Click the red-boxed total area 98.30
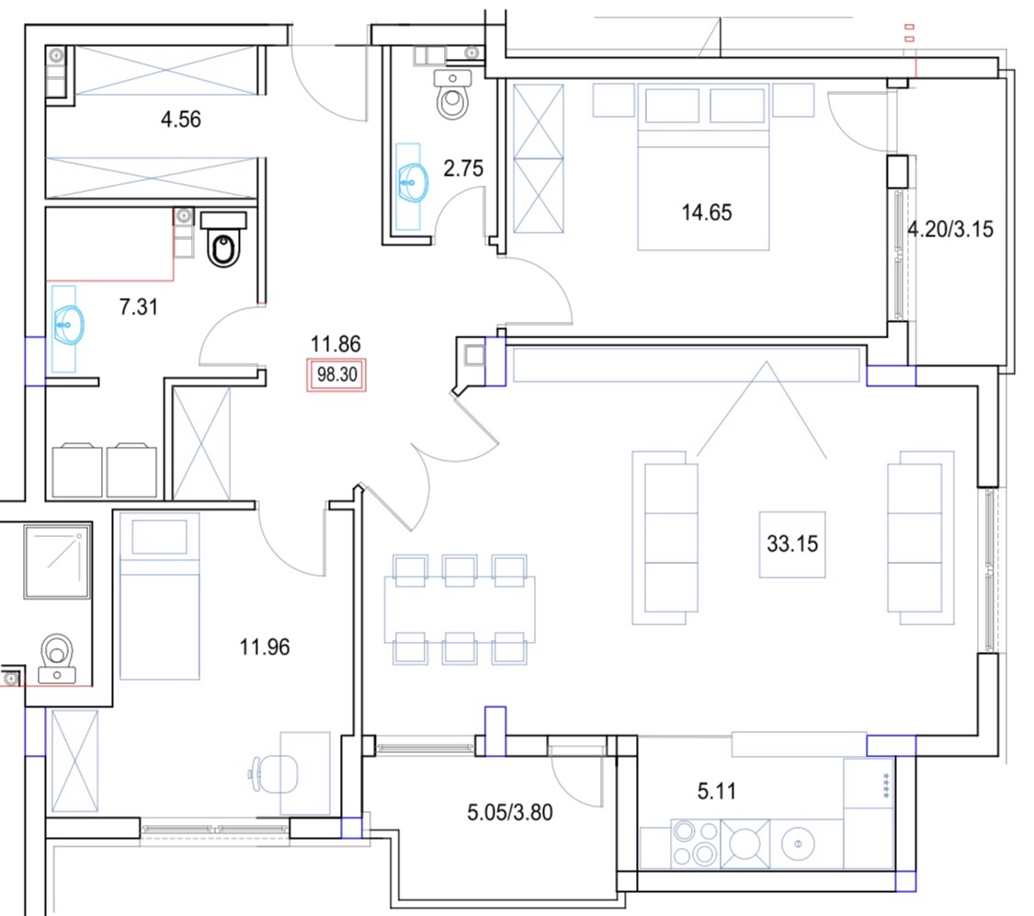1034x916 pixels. coord(336,375)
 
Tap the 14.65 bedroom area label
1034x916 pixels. coord(706,212)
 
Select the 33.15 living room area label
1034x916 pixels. coord(792,544)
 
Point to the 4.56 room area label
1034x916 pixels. coord(181,120)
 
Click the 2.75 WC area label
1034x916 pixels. coord(463,169)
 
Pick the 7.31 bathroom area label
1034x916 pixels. coord(139,307)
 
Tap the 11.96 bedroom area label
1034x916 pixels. coord(265,647)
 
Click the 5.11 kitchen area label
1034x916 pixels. coord(717,791)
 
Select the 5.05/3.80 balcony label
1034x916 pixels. coord(510,812)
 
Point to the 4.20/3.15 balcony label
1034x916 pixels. coord(950,229)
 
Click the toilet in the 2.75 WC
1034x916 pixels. coord(453,95)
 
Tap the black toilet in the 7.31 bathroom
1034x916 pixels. coord(223,239)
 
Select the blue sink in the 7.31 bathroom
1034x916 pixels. coord(69,326)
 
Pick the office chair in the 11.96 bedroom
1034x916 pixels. coord(272,773)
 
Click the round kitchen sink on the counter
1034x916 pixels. coord(798,843)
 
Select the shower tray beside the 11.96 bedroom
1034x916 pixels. coord(57,562)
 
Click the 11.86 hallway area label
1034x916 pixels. coord(335,344)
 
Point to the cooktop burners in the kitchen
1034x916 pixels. coord(695,843)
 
